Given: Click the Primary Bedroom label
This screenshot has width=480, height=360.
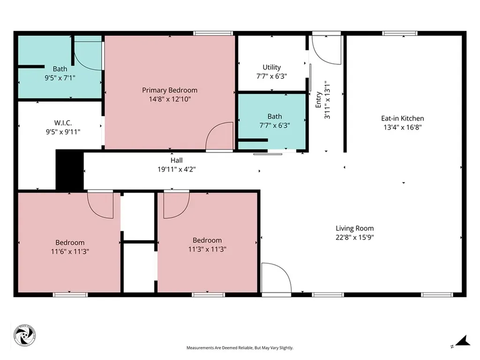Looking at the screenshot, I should pos(170,90).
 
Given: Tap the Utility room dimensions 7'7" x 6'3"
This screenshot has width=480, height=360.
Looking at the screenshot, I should pos(271,75).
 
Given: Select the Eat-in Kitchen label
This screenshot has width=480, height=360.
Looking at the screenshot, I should pos(403,119).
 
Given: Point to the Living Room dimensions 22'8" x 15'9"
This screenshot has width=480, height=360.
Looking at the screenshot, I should pos(354,237).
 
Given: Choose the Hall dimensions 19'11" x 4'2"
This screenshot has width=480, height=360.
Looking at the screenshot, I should pos(176,169).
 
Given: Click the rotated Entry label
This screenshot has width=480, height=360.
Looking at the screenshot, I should pos(319,100).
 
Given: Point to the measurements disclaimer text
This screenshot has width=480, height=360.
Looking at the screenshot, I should pos(240,348).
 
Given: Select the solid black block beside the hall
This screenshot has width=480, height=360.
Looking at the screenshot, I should pos(69,170).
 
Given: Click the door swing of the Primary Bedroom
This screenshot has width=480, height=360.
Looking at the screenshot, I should pos(220,136).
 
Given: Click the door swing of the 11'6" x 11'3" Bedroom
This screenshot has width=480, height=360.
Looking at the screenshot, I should pos(101,205).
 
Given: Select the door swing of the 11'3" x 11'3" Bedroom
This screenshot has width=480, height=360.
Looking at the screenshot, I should pos(176,205).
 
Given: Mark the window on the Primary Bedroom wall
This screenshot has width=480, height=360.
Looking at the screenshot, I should pos(213,33).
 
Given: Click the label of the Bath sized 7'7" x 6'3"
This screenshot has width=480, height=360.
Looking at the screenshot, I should pos(275,116).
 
